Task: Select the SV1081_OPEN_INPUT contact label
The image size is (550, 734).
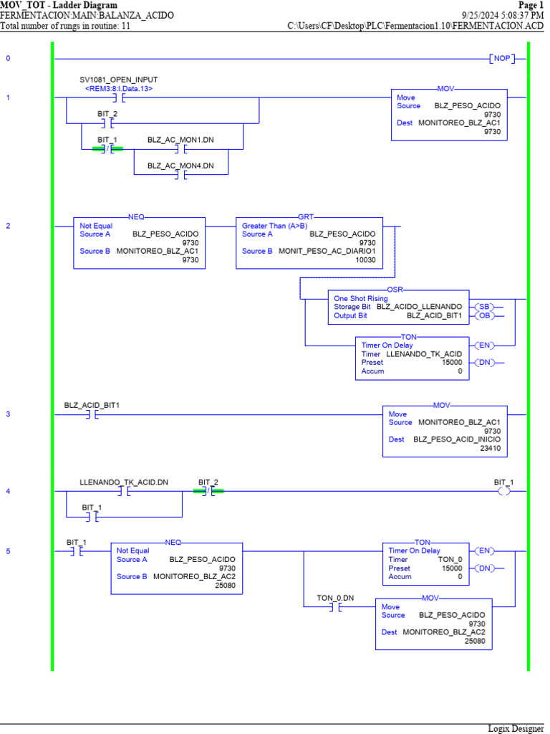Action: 119,80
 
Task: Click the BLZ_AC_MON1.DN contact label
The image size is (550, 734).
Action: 180,139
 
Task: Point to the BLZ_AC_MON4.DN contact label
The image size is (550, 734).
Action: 180,166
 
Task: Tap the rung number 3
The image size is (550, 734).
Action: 8,414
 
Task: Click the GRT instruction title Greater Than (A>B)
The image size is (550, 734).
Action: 274,225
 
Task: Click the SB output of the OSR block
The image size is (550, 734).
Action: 484,306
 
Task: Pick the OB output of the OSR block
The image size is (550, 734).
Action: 484,315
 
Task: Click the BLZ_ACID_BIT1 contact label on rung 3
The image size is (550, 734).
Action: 92,405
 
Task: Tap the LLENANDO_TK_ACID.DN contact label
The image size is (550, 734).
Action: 124,482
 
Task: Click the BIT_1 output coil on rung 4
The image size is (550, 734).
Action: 503,492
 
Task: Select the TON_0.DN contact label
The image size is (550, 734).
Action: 335,597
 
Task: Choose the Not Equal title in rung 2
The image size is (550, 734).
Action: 96,225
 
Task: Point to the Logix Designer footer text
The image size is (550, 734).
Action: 516,728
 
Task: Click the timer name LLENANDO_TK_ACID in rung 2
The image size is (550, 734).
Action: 424,354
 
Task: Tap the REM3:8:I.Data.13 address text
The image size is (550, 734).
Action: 119,89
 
